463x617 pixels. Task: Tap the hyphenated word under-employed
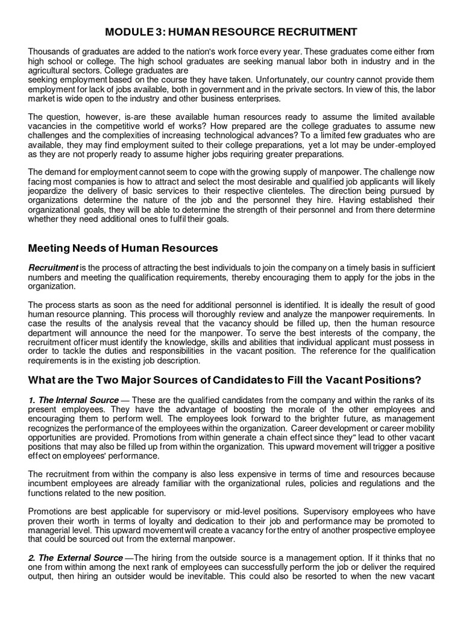(x=406, y=145)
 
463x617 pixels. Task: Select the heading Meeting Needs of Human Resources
(x=123, y=249)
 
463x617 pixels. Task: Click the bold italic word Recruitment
(x=53, y=268)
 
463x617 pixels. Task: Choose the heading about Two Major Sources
(x=224, y=381)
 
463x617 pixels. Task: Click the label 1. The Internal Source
(x=74, y=399)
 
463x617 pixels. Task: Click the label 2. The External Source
(x=75, y=559)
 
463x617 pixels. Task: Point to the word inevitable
(x=244, y=577)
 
